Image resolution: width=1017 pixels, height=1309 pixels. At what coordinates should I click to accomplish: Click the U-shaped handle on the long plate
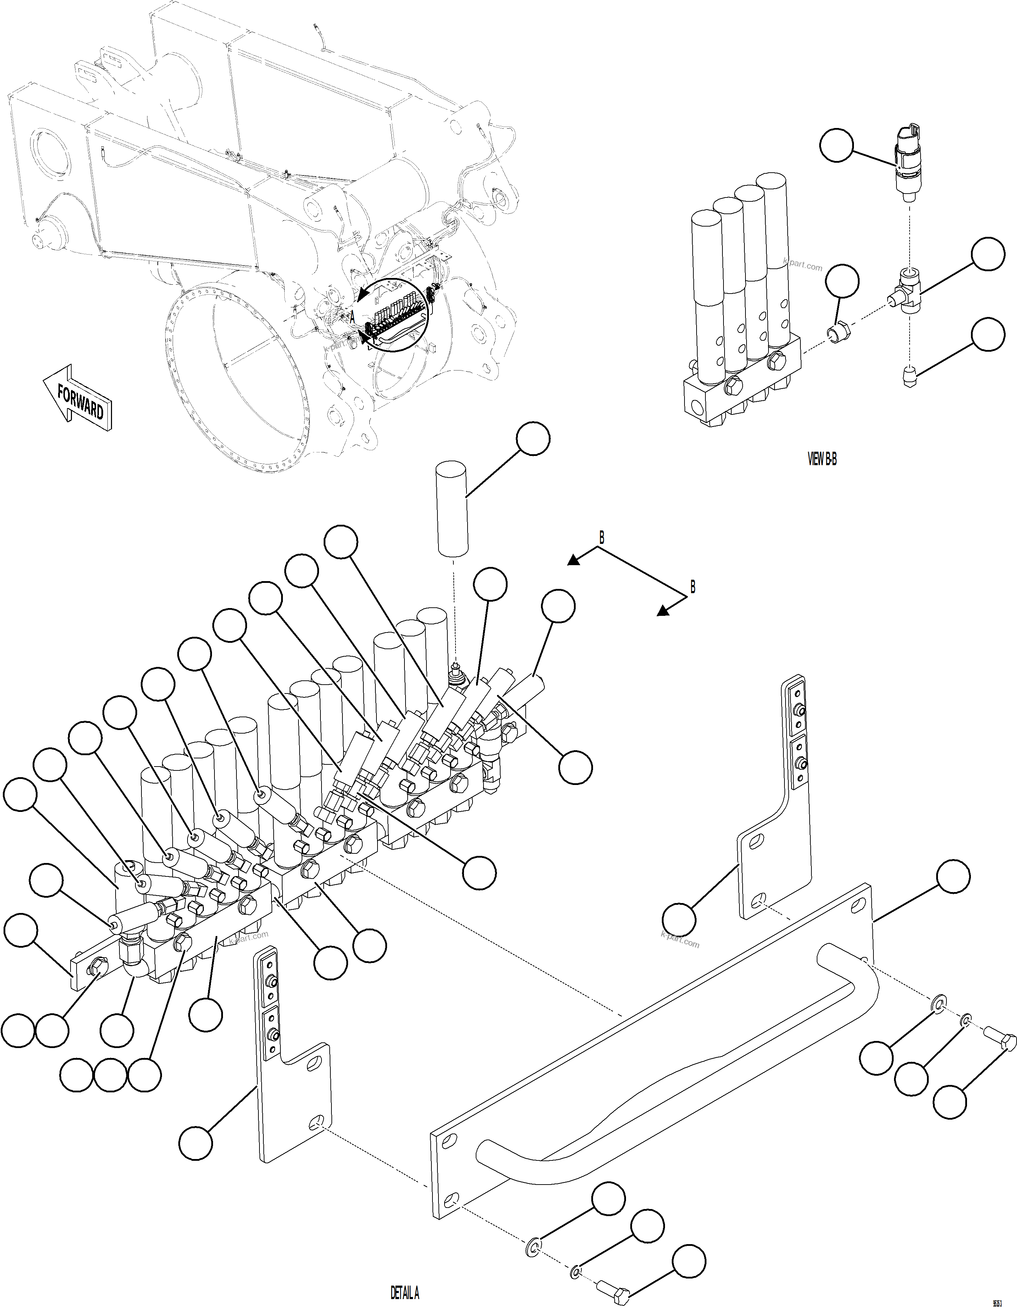pyautogui.click(x=677, y=1073)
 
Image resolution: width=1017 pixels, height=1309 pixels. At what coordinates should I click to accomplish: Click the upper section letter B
pyautogui.click(x=602, y=537)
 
